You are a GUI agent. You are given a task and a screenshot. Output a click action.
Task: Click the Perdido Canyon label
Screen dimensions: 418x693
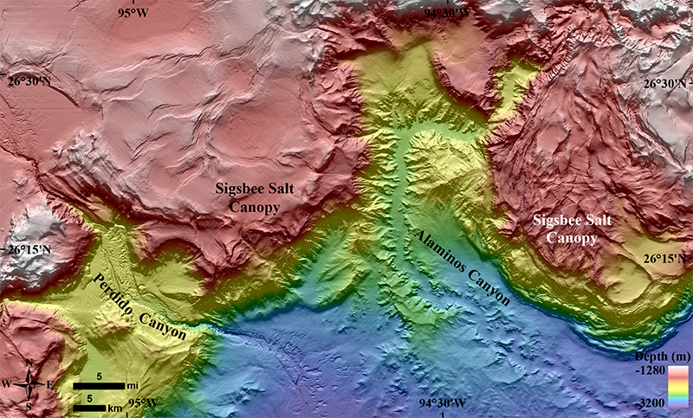click(139, 308)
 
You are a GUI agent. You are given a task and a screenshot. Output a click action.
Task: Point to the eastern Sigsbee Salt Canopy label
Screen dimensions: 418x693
click(573, 229)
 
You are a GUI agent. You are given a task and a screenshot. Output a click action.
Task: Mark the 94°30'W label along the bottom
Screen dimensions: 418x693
click(443, 403)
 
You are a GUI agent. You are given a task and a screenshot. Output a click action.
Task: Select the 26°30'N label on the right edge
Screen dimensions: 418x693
click(665, 83)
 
